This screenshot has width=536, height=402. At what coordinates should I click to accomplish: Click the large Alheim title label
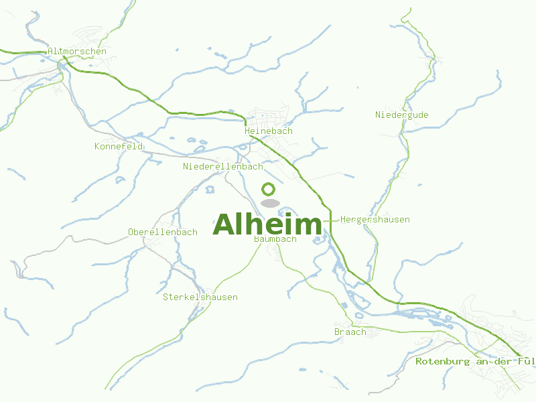pyautogui.click(x=267, y=225)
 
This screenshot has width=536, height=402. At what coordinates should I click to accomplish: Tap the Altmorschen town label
pyautogui.click(x=77, y=52)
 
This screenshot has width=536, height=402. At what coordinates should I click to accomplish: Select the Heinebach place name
pyautogui.click(x=268, y=131)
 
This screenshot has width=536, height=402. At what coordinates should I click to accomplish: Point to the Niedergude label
pyautogui.click(x=401, y=115)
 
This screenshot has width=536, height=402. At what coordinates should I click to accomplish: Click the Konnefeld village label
pyautogui.click(x=119, y=146)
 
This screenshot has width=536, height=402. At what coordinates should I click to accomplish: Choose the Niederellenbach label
pyautogui.click(x=222, y=166)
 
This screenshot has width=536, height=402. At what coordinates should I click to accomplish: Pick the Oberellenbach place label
pyautogui.click(x=162, y=232)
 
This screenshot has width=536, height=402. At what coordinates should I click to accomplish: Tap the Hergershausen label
pyautogui.click(x=375, y=220)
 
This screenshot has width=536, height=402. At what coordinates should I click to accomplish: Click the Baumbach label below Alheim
pyautogui.click(x=275, y=239)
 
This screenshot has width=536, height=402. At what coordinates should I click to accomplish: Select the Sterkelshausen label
pyautogui.click(x=200, y=297)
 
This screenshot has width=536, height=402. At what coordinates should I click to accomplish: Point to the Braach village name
pyautogui.click(x=350, y=332)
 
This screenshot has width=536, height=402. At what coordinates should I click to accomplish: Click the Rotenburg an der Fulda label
pyautogui.click(x=475, y=361)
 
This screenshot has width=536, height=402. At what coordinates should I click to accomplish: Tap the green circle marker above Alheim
pyautogui.click(x=269, y=189)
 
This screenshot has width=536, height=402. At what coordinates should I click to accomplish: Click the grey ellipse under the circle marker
pyautogui.click(x=269, y=203)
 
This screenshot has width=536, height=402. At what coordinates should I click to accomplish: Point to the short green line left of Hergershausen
pyautogui.click(x=330, y=220)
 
